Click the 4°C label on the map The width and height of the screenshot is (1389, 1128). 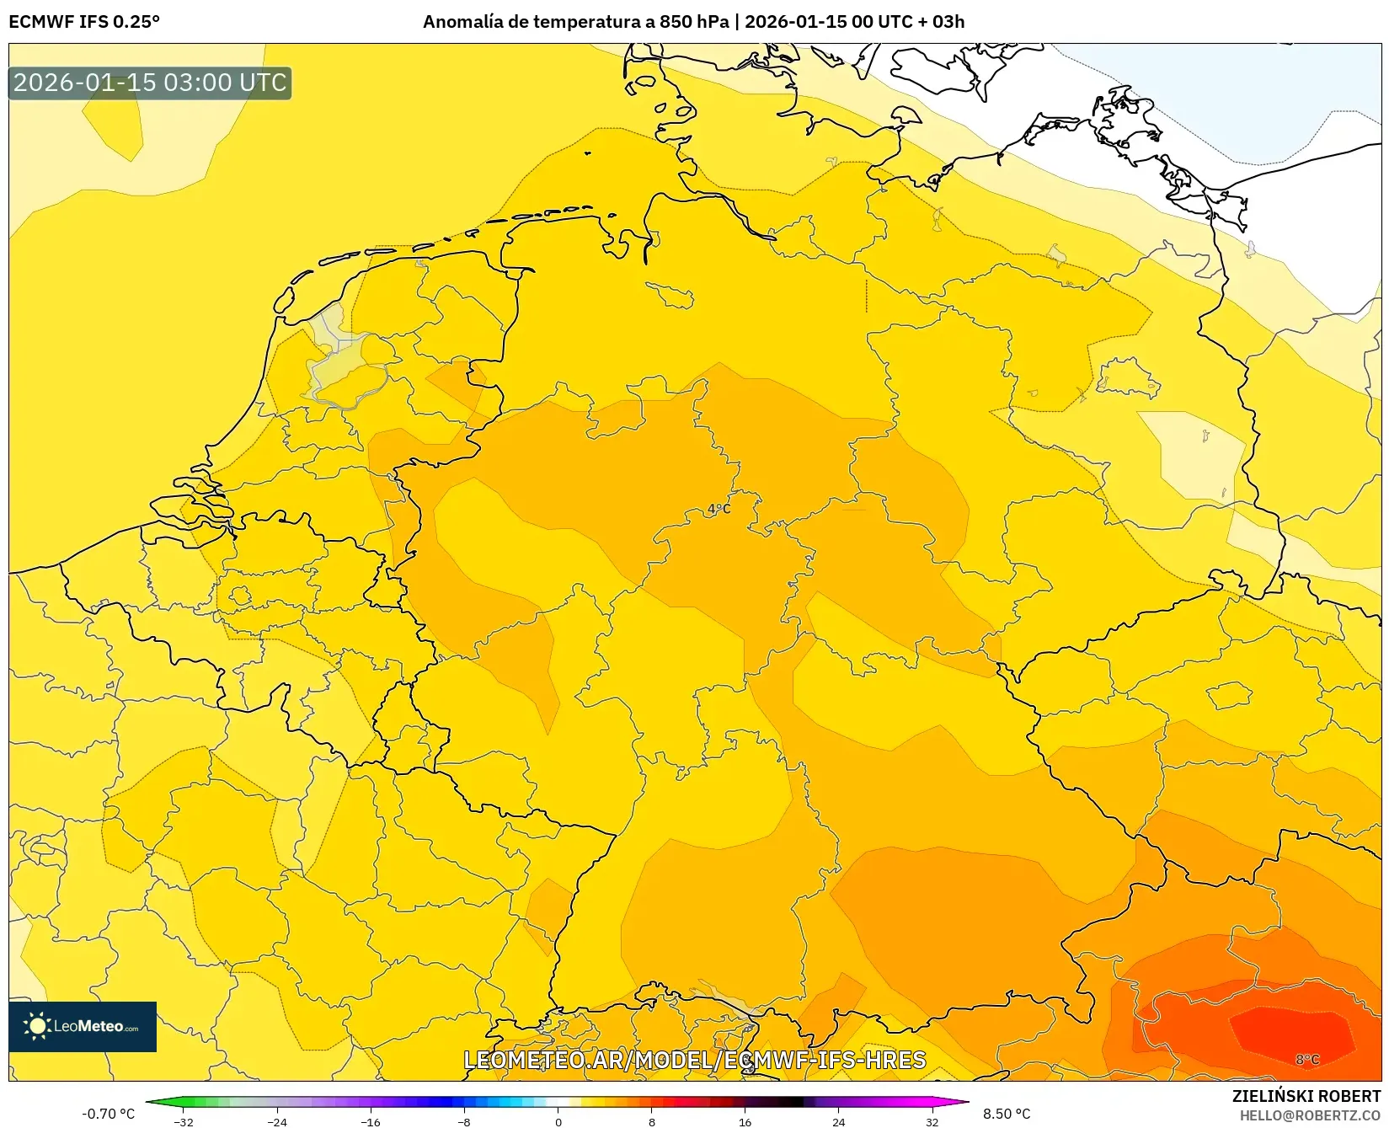(x=719, y=509)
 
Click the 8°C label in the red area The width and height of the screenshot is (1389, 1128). (x=1307, y=1059)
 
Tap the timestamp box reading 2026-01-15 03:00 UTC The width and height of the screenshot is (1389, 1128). (x=150, y=83)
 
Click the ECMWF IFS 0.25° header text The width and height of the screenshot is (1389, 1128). (x=84, y=22)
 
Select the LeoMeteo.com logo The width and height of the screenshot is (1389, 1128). (x=83, y=1026)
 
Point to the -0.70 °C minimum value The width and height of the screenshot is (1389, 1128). (x=108, y=1114)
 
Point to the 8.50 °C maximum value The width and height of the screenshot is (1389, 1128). (x=1007, y=1114)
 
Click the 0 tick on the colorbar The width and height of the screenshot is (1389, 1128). (x=558, y=1121)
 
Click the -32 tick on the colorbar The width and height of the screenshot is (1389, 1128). (x=184, y=1121)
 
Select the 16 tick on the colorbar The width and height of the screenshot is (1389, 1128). (x=745, y=1121)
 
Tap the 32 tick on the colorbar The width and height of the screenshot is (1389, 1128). (x=932, y=1121)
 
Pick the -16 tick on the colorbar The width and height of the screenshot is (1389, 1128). (x=371, y=1121)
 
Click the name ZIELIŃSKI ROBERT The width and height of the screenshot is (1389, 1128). (x=1306, y=1096)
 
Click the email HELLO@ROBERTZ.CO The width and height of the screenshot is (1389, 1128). (x=1309, y=1115)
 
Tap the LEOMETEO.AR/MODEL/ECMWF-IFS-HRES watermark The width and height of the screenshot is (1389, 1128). (x=694, y=1060)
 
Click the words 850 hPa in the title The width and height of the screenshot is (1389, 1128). (x=694, y=22)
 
